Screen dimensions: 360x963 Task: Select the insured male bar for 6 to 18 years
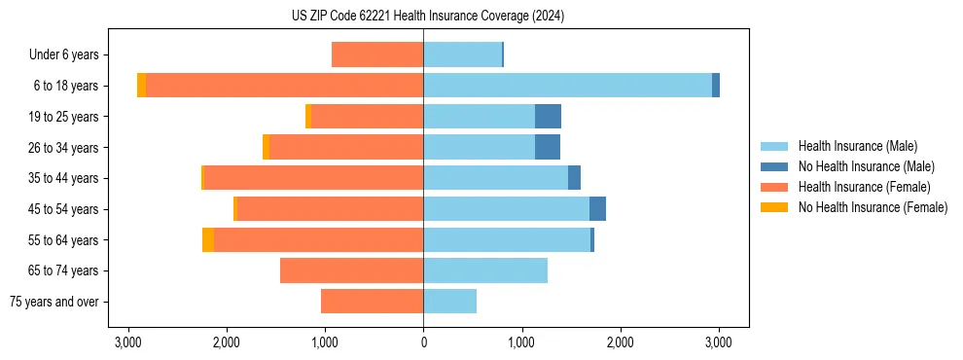(x=567, y=86)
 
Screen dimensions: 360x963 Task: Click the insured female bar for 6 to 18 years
(x=284, y=86)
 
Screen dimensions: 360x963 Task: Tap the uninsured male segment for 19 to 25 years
(x=548, y=117)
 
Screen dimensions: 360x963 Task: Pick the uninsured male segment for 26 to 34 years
(x=548, y=147)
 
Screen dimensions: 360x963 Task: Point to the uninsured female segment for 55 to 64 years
(x=208, y=239)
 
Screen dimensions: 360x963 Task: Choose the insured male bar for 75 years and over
(x=449, y=302)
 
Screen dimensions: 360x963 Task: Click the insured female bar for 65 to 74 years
(x=351, y=270)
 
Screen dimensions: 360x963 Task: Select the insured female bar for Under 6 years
(x=377, y=54)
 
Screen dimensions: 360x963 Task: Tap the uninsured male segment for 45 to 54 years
(x=597, y=209)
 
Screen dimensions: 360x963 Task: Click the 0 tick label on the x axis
(x=423, y=342)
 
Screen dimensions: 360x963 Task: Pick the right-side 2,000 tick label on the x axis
(x=620, y=342)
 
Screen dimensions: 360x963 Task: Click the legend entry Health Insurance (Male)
(x=857, y=146)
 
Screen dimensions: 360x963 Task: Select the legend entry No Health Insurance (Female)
(x=873, y=207)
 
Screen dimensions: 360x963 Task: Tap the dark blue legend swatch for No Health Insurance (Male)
(x=775, y=166)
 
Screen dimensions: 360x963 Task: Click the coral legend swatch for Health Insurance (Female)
(x=775, y=187)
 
